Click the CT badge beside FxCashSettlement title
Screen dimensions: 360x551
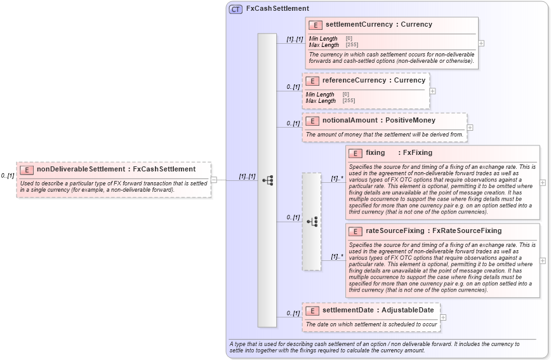coord(236,9)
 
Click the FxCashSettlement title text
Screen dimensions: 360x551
coord(277,9)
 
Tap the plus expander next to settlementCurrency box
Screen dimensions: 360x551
coord(481,43)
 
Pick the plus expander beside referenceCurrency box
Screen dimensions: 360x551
coord(433,91)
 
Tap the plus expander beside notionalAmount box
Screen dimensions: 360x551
coord(470,128)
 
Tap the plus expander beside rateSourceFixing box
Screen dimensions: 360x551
coord(543,260)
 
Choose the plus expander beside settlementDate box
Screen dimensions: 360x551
coord(443,317)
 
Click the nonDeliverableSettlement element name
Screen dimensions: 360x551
coord(81,170)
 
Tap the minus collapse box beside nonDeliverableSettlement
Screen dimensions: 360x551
coord(214,180)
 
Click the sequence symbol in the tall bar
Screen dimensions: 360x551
coord(267,180)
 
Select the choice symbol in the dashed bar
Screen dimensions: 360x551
coord(312,222)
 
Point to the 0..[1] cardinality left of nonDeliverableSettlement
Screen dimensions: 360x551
coord(8,176)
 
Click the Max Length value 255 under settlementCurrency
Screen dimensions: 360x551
coord(352,45)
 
